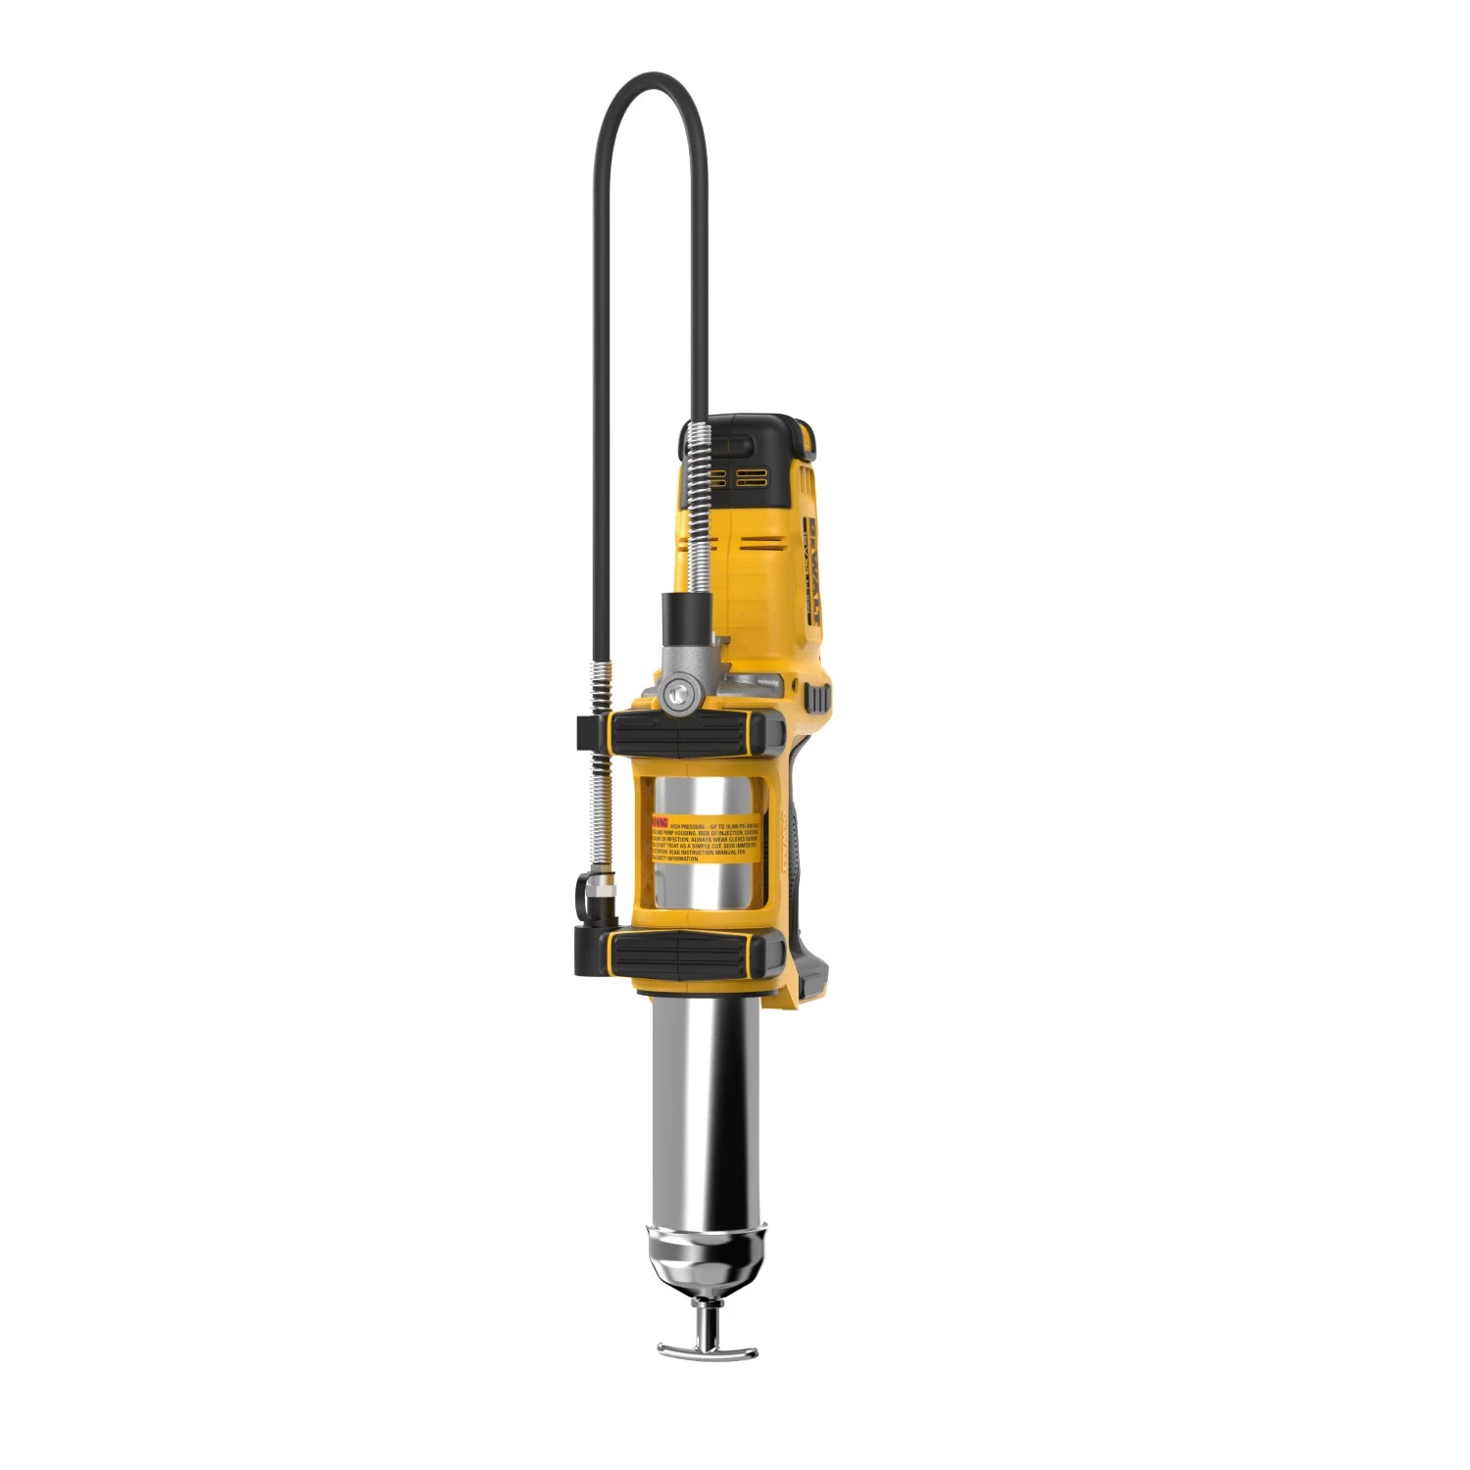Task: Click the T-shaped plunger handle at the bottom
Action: click(707, 1350)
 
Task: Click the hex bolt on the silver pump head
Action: click(676, 695)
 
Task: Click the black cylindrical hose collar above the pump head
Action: click(684, 613)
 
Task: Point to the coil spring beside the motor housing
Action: click(697, 510)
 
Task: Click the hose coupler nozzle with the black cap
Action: click(593, 897)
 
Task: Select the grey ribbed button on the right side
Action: click(817, 698)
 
